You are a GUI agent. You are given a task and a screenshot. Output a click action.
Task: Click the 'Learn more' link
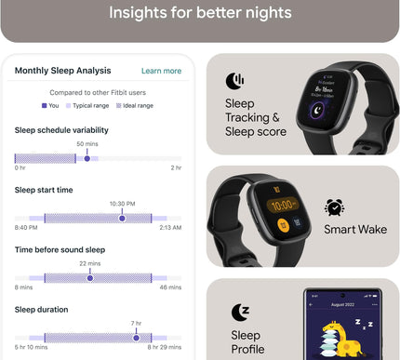tap(161, 71)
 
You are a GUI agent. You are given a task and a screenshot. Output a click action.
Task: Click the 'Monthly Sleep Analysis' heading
tap(62, 71)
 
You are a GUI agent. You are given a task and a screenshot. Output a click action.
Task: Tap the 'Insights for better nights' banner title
tap(200, 13)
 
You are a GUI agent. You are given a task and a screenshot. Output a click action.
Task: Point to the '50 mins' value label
tap(87, 144)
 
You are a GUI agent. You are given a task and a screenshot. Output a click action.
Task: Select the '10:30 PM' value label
tap(122, 204)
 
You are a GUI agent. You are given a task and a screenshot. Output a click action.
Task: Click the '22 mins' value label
tap(90, 264)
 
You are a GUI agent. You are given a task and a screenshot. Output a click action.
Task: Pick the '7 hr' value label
tap(136, 324)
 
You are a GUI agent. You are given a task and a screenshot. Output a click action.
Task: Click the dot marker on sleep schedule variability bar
tap(87, 158)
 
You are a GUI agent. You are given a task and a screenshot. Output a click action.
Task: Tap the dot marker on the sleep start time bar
tap(122, 218)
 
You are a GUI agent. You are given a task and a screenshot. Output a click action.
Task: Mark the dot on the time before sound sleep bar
tap(90, 277)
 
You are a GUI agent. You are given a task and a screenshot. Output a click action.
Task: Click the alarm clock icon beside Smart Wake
tap(334, 207)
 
